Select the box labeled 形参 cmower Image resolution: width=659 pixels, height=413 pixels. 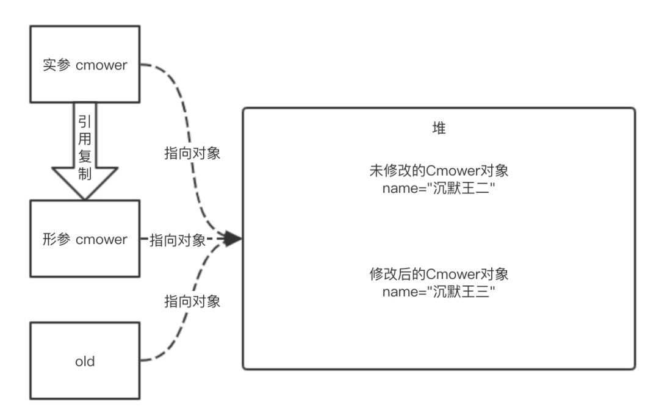click(x=85, y=239)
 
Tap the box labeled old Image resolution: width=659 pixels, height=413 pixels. click(x=85, y=361)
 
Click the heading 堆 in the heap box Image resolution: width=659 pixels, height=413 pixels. click(x=439, y=130)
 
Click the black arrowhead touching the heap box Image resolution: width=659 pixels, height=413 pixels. click(x=234, y=239)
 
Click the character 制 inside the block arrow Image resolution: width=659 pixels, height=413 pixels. click(x=85, y=173)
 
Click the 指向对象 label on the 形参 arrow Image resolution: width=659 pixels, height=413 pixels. click(x=177, y=240)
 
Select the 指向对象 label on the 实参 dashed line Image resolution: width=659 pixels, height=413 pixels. click(x=192, y=153)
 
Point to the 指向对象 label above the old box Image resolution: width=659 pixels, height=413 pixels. click(x=192, y=301)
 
